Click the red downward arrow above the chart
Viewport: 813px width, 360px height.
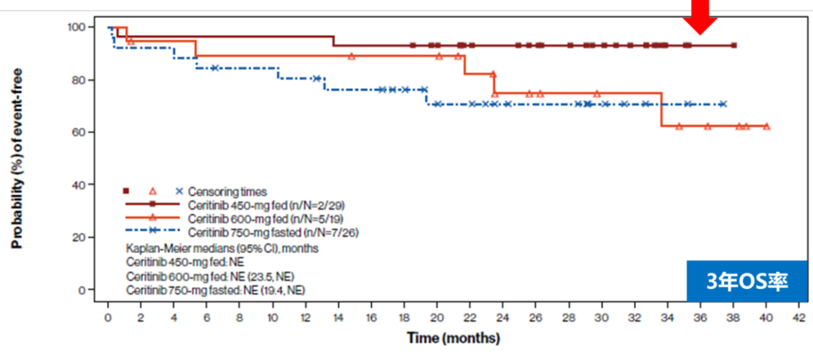coord(700,17)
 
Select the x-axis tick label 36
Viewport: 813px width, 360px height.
coord(700,316)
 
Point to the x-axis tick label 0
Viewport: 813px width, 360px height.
coord(108,316)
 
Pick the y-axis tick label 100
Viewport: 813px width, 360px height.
coord(77,27)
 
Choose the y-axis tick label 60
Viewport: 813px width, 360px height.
coord(80,133)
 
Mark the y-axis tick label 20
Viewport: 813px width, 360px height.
coord(80,237)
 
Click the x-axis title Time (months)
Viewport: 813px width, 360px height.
coord(453,338)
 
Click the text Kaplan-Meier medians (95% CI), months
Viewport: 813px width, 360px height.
coord(222,248)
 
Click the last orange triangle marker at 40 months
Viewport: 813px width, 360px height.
coord(766,127)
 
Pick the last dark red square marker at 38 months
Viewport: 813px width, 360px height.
coord(734,45)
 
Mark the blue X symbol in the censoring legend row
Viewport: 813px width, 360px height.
coord(179,191)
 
